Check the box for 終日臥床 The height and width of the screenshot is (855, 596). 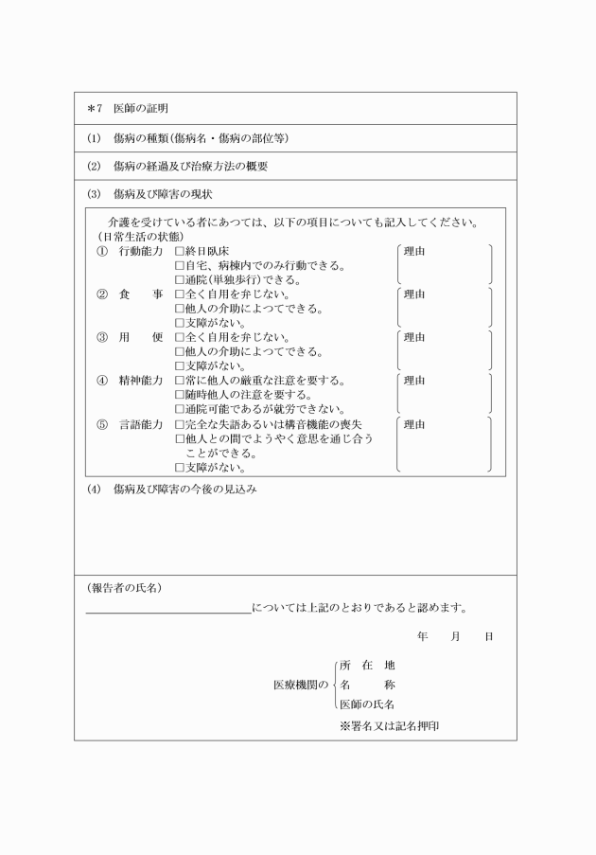tap(180, 253)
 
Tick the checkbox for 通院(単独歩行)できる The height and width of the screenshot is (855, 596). tap(180, 280)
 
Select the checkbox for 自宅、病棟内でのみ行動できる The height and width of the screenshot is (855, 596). tap(180, 266)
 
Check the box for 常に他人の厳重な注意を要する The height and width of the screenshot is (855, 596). tap(180, 381)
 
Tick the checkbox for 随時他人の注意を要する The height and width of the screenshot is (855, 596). tap(180, 395)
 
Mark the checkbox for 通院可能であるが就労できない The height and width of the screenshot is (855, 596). tap(180, 409)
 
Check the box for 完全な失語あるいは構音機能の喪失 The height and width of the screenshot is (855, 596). tap(180, 424)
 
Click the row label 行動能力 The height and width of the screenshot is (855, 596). tap(140, 253)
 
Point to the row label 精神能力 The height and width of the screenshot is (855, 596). tap(140, 381)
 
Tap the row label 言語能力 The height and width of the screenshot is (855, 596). tap(140, 424)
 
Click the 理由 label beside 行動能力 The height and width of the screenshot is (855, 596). tap(414, 253)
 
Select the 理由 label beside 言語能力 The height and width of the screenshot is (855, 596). tap(414, 424)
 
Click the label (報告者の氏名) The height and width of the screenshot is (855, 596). tap(124, 588)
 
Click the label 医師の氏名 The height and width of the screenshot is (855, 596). tap(367, 704)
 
